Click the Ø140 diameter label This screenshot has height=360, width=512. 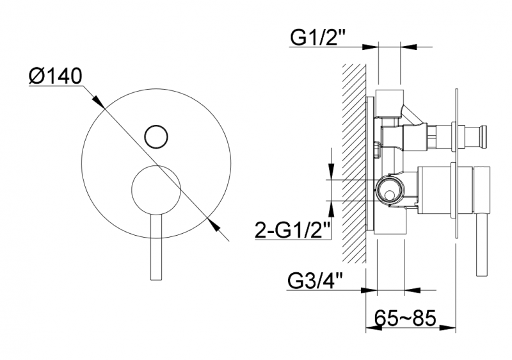pyautogui.click(x=56, y=77)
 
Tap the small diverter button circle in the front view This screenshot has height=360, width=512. pyautogui.click(x=156, y=136)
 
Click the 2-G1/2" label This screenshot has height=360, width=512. pyautogui.click(x=292, y=229)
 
